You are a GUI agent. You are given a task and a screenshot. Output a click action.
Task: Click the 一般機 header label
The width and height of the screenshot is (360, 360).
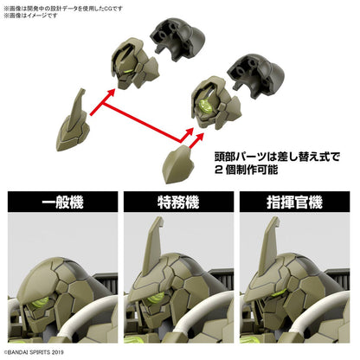click(x=62, y=202)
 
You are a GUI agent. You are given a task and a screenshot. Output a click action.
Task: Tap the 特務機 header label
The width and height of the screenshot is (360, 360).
click(x=178, y=202)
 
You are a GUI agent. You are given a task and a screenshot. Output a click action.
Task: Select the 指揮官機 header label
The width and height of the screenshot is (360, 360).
click(x=294, y=202)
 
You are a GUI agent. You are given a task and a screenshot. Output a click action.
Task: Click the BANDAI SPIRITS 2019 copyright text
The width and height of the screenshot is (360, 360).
click(x=34, y=352)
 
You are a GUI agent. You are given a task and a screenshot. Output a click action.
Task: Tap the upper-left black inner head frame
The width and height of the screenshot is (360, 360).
click(x=177, y=39)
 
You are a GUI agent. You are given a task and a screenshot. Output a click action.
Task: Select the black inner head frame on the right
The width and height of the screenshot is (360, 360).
click(x=255, y=76)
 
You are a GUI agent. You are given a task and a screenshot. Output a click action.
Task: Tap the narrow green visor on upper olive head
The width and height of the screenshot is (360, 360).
click(x=128, y=72)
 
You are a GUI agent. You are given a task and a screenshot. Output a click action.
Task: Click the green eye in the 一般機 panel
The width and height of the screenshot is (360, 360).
click(x=41, y=302)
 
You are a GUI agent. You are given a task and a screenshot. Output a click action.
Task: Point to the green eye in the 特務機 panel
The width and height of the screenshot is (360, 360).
click(x=156, y=298)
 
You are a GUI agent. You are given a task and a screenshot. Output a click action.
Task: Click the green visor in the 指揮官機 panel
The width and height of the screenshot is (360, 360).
click(x=278, y=294)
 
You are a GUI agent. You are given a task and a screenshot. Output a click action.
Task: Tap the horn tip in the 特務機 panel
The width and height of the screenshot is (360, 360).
click(x=159, y=218)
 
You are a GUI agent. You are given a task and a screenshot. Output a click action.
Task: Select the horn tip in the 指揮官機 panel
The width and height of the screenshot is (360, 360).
click(x=275, y=218)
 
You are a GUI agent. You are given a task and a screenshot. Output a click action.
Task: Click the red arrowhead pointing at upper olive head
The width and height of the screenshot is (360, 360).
click(x=111, y=93)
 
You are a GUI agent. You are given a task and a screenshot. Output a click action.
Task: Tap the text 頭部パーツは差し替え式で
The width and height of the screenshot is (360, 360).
click(x=277, y=157)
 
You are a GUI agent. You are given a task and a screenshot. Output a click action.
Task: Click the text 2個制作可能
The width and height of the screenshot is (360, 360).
click(x=246, y=170)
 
